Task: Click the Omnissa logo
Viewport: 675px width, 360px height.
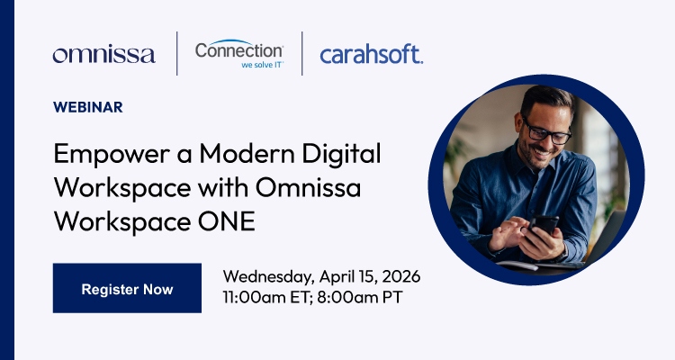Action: click(103, 54)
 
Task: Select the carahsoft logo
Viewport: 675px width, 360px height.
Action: click(371, 54)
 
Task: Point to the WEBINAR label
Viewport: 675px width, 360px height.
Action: click(88, 107)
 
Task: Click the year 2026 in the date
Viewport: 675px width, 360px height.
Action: click(400, 275)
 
